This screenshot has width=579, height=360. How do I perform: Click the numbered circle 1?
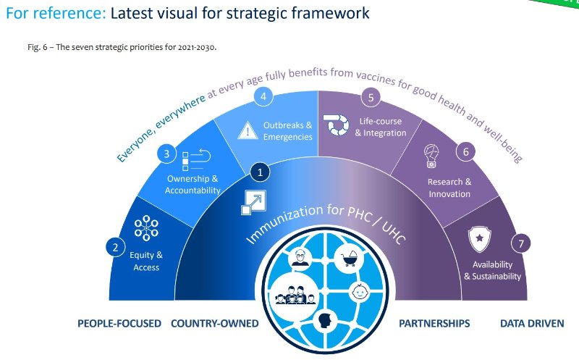pyautogui.click(x=260, y=172)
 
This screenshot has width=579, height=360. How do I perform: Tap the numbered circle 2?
pyautogui.click(x=115, y=247)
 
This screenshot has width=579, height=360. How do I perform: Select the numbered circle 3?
pyautogui.click(x=166, y=154)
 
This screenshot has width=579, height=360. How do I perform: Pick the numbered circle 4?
pyautogui.click(x=263, y=96)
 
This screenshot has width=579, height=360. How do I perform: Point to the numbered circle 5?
pyautogui.click(x=371, y=97)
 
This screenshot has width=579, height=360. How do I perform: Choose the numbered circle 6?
pyautogui.click(x=465, y=151)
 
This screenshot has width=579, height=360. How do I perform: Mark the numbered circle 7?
pyautogui.click(x=521, y=243)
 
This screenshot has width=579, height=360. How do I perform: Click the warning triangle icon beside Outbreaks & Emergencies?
pyautogui.click(x=248, y=130)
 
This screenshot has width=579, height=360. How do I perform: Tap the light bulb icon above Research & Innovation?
pyautogui.click(x=431, y=156)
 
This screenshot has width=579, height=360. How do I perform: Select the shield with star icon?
pyautogui.click(x=479, y=239)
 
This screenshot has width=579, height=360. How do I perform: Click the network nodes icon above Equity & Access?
pyautogui.click(x=146, y=228)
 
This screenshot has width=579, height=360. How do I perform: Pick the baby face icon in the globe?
pyautogui.click(x=359, y=292)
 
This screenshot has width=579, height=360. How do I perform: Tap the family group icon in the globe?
pyautogui.click(x=295, y=295)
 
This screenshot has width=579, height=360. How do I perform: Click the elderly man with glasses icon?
pyautogui.click(x=300, y=257)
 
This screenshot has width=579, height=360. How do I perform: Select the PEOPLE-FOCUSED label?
pyautogui.click(x=119, y=323)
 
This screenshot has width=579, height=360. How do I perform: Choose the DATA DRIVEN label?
pyautogui.click(x=532, y=323)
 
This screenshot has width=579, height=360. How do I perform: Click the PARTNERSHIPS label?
pyautogui.click(x=434, y=323)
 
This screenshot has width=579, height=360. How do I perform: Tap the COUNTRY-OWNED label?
pyautogui.click(x=214, y=323)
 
